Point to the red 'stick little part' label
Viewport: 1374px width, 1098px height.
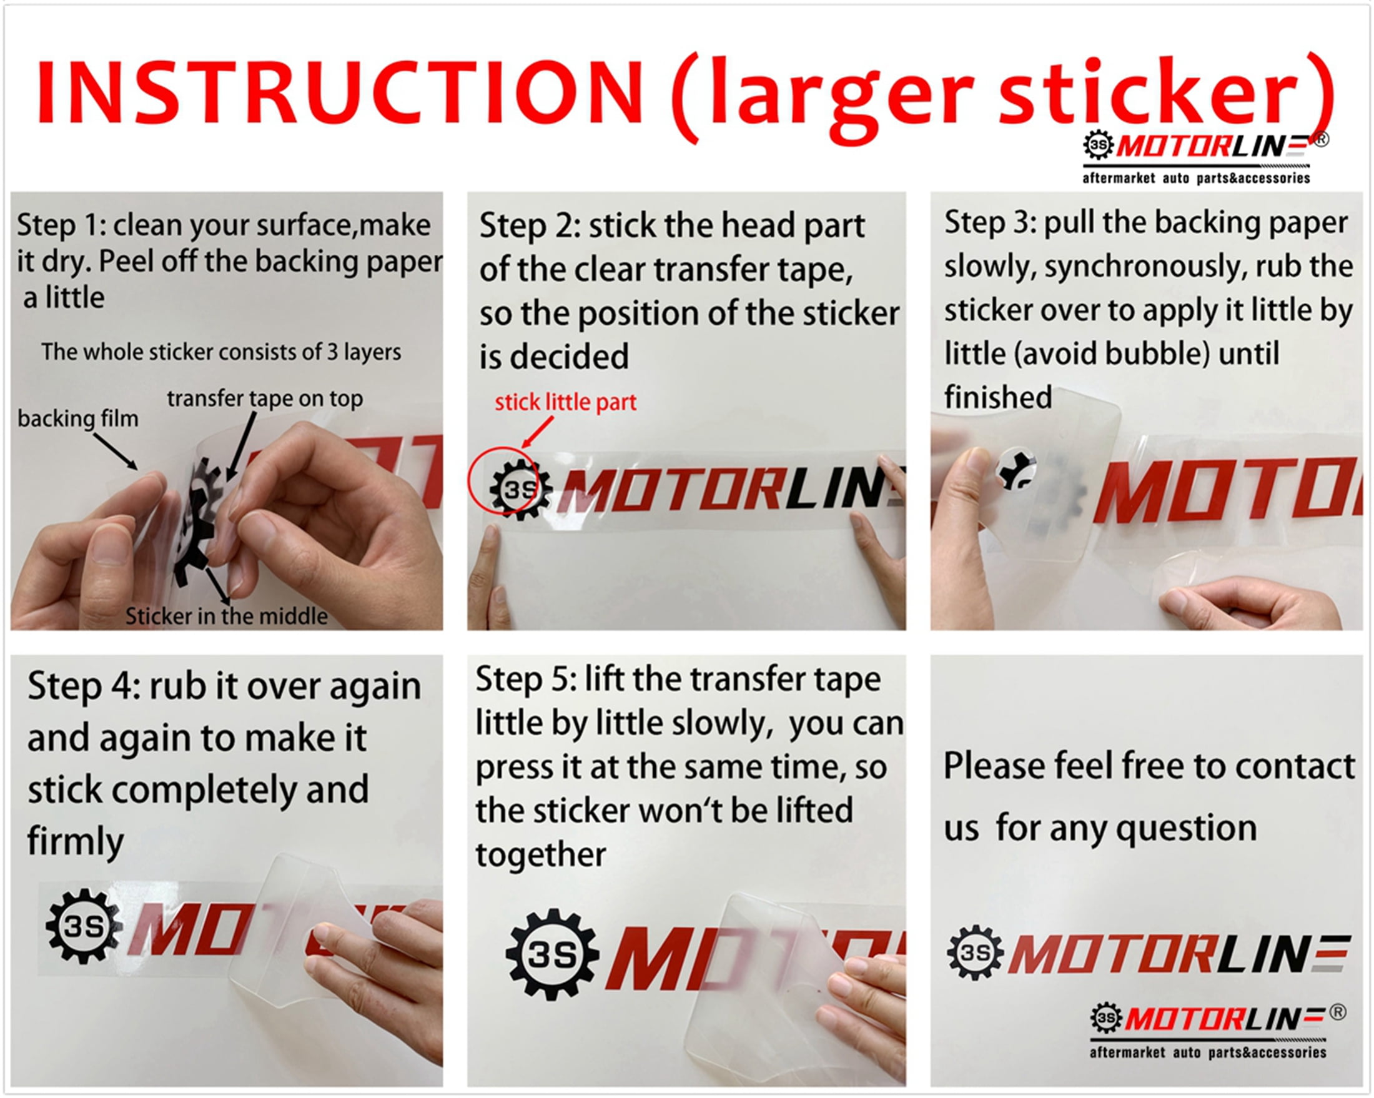click(565, 402)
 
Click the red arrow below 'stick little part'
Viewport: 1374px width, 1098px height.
click(537, 432)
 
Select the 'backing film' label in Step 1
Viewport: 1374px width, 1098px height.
click(77, 418)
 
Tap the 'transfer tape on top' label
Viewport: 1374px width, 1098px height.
click(265, 399)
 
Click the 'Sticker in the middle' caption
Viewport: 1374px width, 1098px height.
click(226, 616)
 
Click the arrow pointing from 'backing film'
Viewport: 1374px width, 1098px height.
click(116, 451)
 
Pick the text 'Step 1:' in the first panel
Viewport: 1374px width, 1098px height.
click(61, 225)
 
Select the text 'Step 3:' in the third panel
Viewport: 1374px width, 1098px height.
click(990, 222)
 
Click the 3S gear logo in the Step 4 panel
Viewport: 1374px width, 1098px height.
click(84, 927)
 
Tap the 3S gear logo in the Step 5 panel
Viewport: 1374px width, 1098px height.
click(552, 954)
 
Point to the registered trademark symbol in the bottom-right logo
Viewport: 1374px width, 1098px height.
click(1338, 1011)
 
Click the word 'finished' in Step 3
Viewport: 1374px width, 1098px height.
click(998, 398)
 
